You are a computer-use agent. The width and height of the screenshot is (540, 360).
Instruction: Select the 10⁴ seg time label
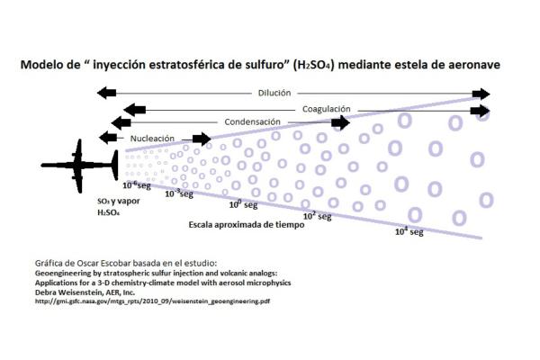tap(409, 231)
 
